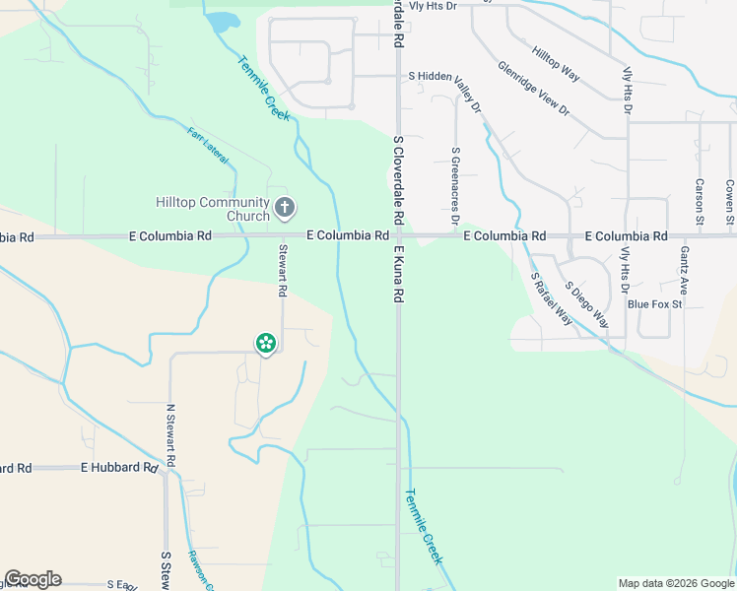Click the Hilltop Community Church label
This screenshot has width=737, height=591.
pos(213,209)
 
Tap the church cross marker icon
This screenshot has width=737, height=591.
pos(285,208)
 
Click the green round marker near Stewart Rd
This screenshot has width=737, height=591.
pos(265,343)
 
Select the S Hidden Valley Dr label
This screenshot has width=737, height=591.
pos(445,88)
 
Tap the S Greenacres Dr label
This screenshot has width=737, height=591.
pos(455,184)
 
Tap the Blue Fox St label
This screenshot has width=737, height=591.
pos(655,304)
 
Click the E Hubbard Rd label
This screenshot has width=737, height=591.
pos(119,467)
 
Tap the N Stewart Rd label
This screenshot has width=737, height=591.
pos(170,434)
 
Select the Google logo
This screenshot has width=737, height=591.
pos(33,579)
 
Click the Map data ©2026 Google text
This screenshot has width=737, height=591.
pos(675,583)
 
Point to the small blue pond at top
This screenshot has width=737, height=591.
pos(224,21)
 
